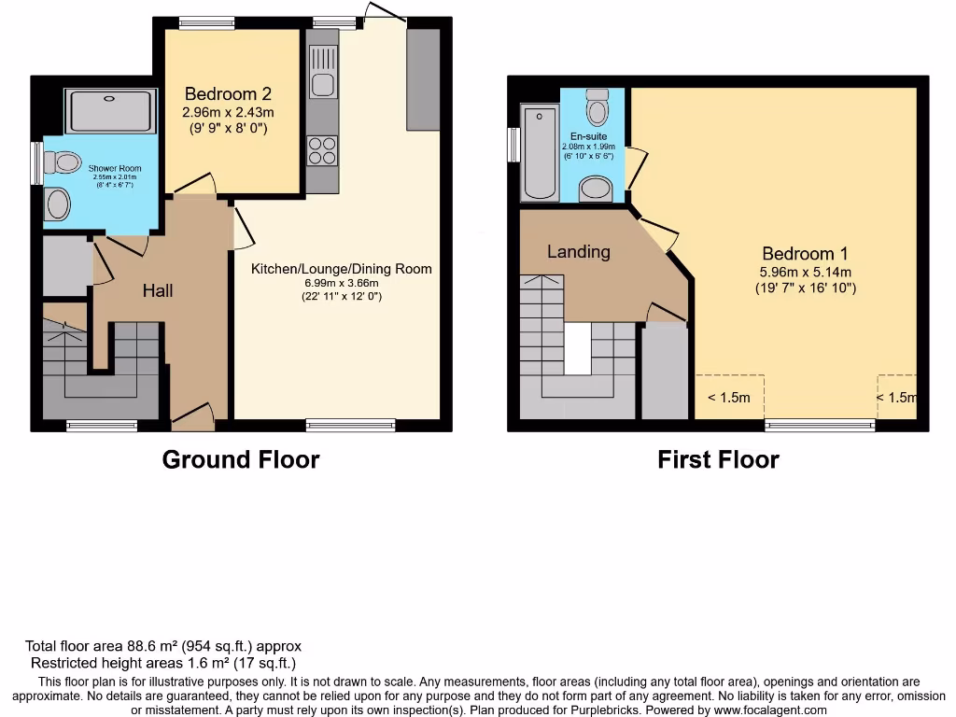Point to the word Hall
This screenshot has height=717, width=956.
158,291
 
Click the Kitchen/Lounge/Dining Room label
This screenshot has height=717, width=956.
341,269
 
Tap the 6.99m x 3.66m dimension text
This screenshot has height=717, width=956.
341,283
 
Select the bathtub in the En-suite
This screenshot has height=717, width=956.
541,154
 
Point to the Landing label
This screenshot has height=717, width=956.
579,252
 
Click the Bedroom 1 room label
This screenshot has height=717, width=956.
805,254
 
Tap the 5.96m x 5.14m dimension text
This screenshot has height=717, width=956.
805,272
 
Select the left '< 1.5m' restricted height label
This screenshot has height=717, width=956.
728,398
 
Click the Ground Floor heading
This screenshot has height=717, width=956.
241,459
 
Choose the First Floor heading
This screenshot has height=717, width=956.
718,459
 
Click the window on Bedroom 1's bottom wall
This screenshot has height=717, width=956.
820,426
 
